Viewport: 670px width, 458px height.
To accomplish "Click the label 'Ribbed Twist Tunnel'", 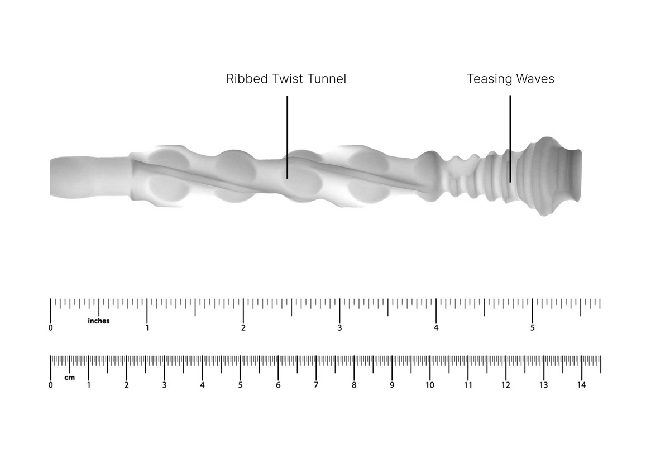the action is pyautogui.click(x=286, y=79).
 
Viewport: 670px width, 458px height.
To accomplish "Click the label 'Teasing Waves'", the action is pyautogui.click(x=510, y=79).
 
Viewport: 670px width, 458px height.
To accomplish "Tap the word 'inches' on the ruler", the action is pyautogui.click(x=99, y=321).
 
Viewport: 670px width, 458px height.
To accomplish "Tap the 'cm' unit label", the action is pyautogui.click(x=70, y=378).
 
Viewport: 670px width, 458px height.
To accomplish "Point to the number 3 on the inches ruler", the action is pyautogui.click(x=339, y=328).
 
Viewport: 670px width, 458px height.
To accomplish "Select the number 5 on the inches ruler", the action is pyautogui.click(x=533, y=328).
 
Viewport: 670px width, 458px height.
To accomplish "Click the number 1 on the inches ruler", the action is pyautogui.click(x=147, y=328).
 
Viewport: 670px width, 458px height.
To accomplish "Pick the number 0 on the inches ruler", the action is pyautogui.click(x=51, y=328).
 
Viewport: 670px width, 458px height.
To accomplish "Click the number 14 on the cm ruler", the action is pyautogui.click(x=581, y=385).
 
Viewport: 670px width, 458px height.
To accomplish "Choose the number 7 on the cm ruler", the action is pyautogui.click(x=316, y=385).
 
